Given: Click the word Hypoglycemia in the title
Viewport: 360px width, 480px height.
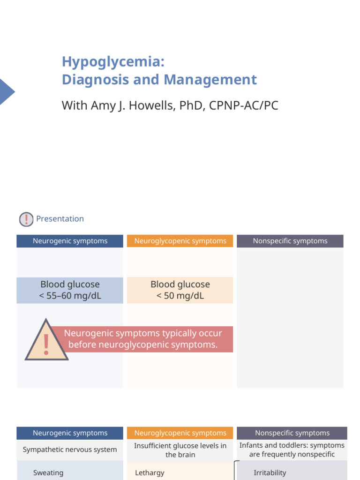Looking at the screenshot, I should coord(113,62).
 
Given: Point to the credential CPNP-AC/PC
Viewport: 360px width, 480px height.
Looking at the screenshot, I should coord(244,105).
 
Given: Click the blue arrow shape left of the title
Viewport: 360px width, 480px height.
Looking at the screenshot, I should coord(6,92).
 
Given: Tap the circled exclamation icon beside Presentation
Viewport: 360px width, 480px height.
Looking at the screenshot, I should coord(26,219).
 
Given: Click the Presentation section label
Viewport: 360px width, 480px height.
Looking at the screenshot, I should coord(60,219).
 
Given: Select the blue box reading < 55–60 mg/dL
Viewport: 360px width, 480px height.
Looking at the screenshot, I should coord(70,290).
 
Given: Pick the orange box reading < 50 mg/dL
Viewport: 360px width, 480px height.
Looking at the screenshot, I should coord(180,290).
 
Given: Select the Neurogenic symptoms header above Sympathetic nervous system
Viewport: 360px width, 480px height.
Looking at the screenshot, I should coord(70,433).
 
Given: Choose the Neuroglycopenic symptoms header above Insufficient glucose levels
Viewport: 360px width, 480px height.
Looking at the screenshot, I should coord(180,433).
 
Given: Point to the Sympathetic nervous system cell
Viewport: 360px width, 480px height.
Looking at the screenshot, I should coord(70,450).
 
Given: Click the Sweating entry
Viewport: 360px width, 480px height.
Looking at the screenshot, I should coord(48,473).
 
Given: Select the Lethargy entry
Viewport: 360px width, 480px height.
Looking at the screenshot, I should coord(150,473).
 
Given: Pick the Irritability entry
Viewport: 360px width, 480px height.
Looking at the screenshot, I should coord(270,473).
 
